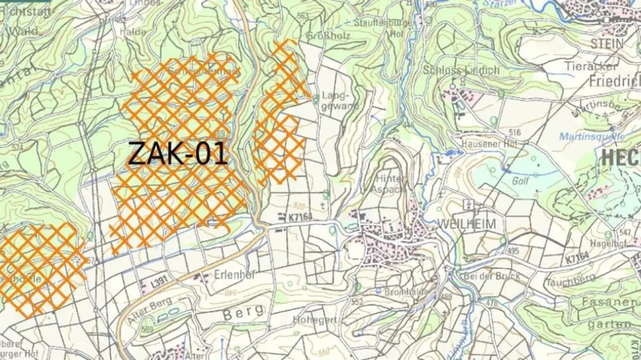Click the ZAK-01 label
pos(178,154)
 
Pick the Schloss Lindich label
pos(461,70)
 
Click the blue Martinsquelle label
pos(591,137)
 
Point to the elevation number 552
pos(357,303)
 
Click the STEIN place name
pos(607,43)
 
